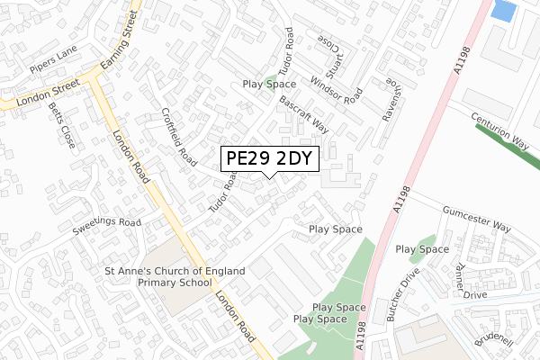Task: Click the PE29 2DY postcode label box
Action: pos(269,158)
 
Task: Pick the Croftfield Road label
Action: pos(179,138)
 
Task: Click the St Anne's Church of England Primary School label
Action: pos(157,275)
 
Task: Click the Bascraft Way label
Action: pos(303,115)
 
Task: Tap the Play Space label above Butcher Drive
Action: pos(422,248)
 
